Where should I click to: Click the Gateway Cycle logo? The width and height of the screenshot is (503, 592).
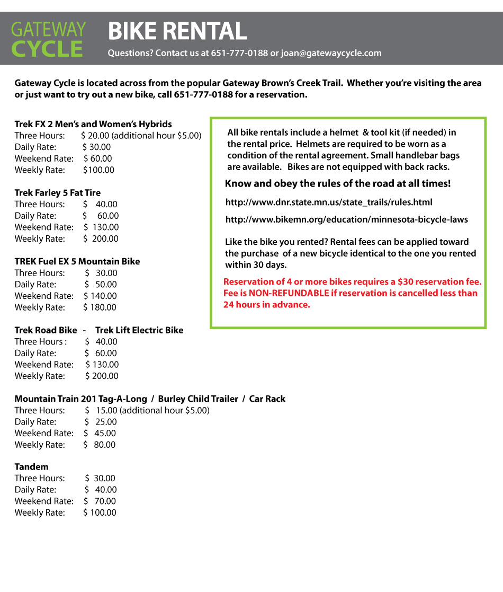[x=48, y=39]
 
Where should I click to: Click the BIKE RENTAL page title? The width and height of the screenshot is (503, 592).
[x=177, y=31]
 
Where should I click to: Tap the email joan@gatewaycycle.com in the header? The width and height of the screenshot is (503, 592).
[x=331, y=53]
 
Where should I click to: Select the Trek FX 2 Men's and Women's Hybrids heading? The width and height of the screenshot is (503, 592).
[x=93, y=124]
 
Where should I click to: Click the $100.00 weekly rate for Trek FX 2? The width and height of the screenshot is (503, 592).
[x=98, y=170]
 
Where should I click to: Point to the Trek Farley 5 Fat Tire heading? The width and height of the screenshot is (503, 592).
[x=57, y=193]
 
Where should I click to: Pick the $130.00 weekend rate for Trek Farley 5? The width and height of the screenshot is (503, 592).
[x=101, y=227]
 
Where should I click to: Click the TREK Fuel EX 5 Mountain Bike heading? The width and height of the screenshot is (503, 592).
[x=77, y=261]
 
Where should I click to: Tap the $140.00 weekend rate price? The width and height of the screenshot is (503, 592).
[x=100, y=296]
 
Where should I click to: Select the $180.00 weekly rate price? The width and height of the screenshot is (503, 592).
[x=100, y=307]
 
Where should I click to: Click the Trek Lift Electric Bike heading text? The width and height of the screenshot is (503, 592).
[x=139, y=330]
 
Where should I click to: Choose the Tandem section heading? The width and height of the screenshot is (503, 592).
[x=31, y=467]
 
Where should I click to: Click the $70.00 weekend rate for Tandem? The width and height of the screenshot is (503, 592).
[x=100, y=501]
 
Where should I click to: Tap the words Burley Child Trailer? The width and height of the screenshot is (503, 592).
[x=198, y=399]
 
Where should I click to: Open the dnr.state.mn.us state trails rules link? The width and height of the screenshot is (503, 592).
[x=329, y=202]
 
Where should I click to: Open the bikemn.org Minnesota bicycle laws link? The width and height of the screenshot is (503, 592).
[x=347, y=219]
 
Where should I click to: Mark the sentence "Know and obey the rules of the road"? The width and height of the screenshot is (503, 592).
[x=338, y=184]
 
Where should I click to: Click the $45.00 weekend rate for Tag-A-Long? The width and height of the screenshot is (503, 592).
[x=100, y=434]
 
